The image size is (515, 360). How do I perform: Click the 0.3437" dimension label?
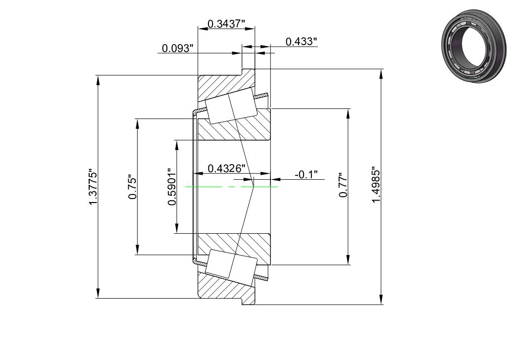tap(227, 24)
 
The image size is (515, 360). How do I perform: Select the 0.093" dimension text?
tap(177, 49)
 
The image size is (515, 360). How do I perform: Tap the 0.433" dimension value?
tap(301, 42)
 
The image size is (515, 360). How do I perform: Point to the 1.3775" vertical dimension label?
tap(93, 188)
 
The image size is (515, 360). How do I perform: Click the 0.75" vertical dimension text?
tap(132, 187)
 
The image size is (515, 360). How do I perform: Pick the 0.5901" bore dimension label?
tap(172, 187)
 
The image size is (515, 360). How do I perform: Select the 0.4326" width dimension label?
tap(227, 168)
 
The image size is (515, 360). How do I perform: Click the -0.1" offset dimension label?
tap(306, 174)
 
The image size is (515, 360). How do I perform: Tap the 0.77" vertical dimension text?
tap(343, 185)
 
